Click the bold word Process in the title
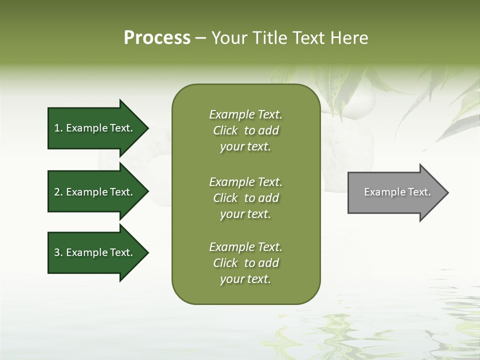(157, 38)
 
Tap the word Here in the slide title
(349, 38)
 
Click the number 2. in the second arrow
(58, 192)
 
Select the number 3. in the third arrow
(58, 252)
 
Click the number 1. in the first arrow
(58, 128)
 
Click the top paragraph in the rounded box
(245, 130)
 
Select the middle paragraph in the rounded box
(245, 198)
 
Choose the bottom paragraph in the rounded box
(245, 263)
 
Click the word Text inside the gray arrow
(420, 192)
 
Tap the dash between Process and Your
(200, 38)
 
